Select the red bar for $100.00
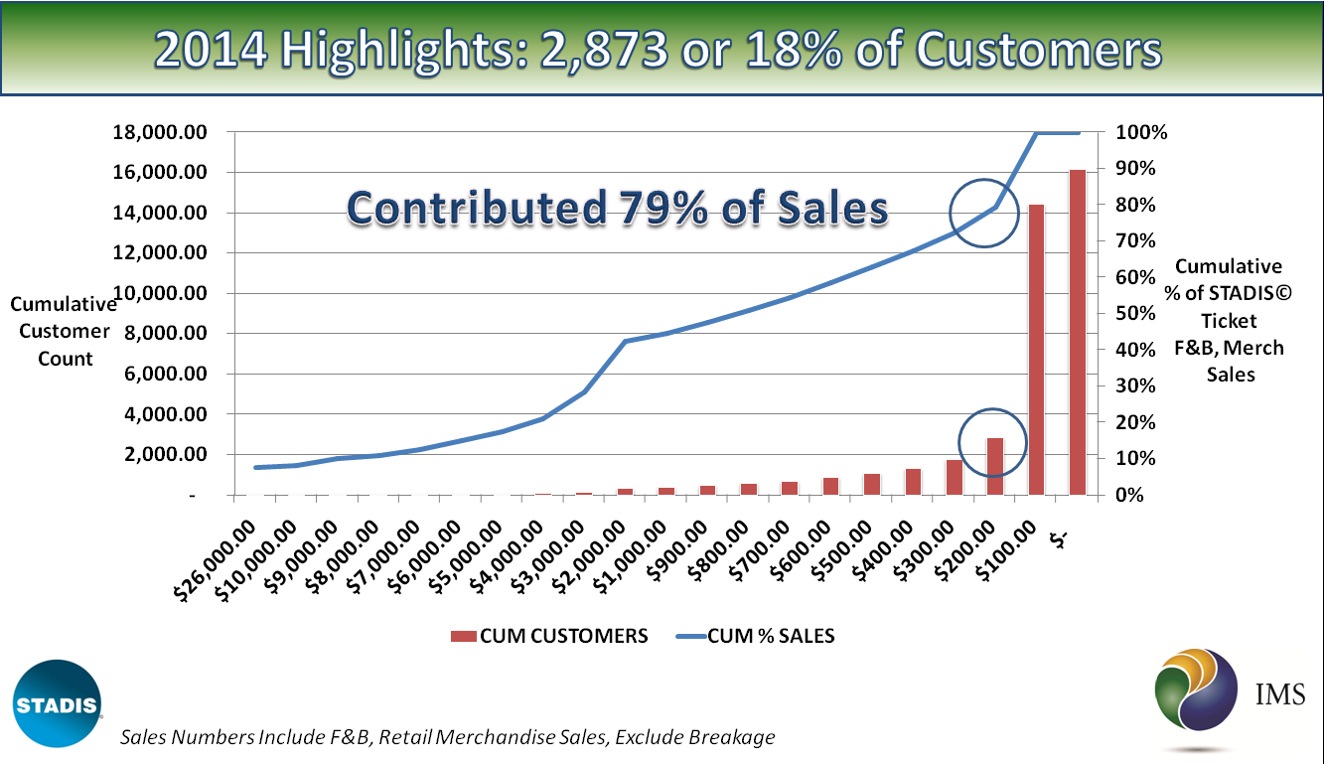[1036, 349]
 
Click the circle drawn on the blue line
[984, 213]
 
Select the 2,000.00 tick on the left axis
[162, 454]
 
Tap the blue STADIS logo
[58, 703]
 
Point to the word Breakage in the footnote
[731, 737]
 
